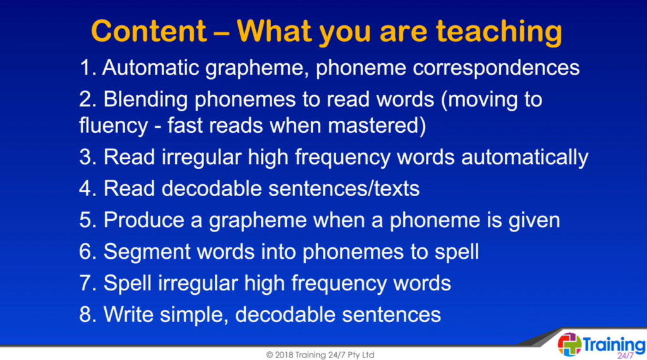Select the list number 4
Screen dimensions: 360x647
88,188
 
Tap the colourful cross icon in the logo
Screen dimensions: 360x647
569,345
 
